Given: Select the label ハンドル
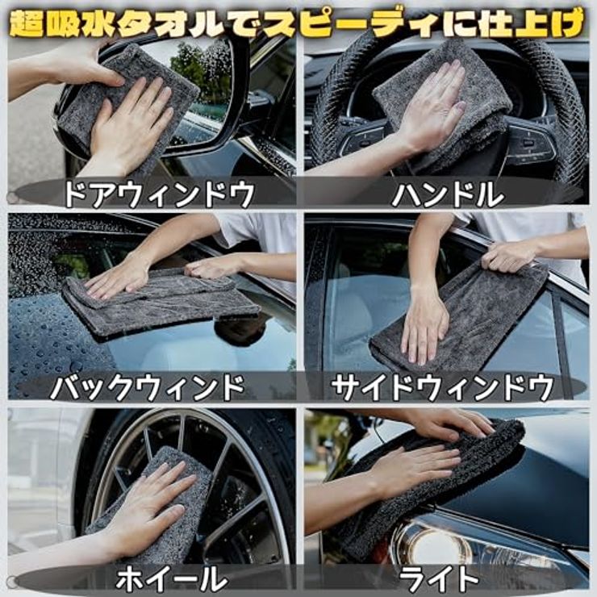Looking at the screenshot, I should click(x=448, y=194).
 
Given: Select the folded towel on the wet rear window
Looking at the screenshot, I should click(x=161, y=303).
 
